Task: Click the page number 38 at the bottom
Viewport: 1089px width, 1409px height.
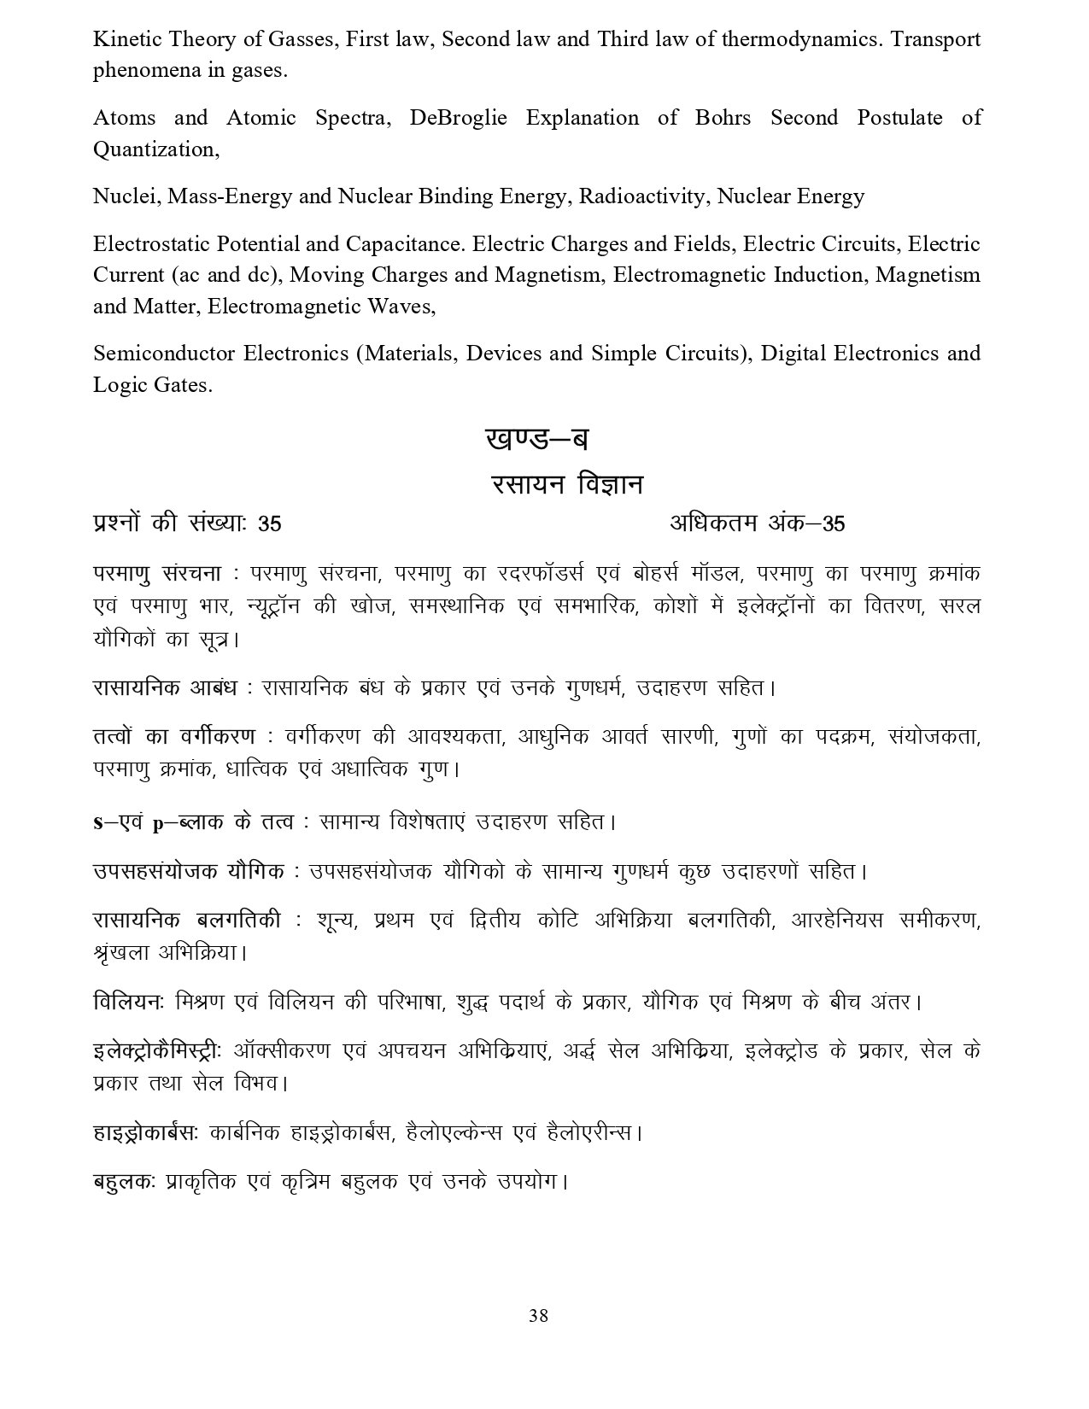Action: click(538, 1316)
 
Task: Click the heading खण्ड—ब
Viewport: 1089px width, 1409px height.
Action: click(537, 441)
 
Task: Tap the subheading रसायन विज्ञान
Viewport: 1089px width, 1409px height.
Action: click(567, 485)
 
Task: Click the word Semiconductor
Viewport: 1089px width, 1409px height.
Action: click(165, 354)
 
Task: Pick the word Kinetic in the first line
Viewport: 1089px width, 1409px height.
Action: click(126, 39)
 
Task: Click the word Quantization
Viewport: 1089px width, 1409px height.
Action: click(155, 149)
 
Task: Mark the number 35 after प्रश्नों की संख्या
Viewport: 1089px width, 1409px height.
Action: click(270, 523)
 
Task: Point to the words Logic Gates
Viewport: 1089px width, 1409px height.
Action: click(151, 385)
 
